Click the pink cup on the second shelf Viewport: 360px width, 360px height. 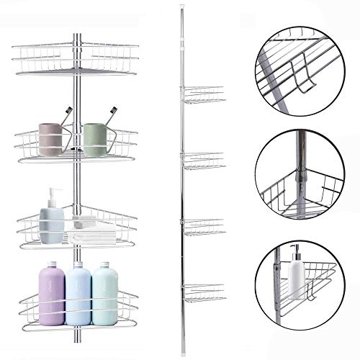point(50,140)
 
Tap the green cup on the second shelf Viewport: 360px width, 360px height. point(94,140)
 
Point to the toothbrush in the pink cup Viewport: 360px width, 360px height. point(66,116)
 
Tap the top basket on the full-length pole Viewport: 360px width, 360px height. point(203,94)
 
